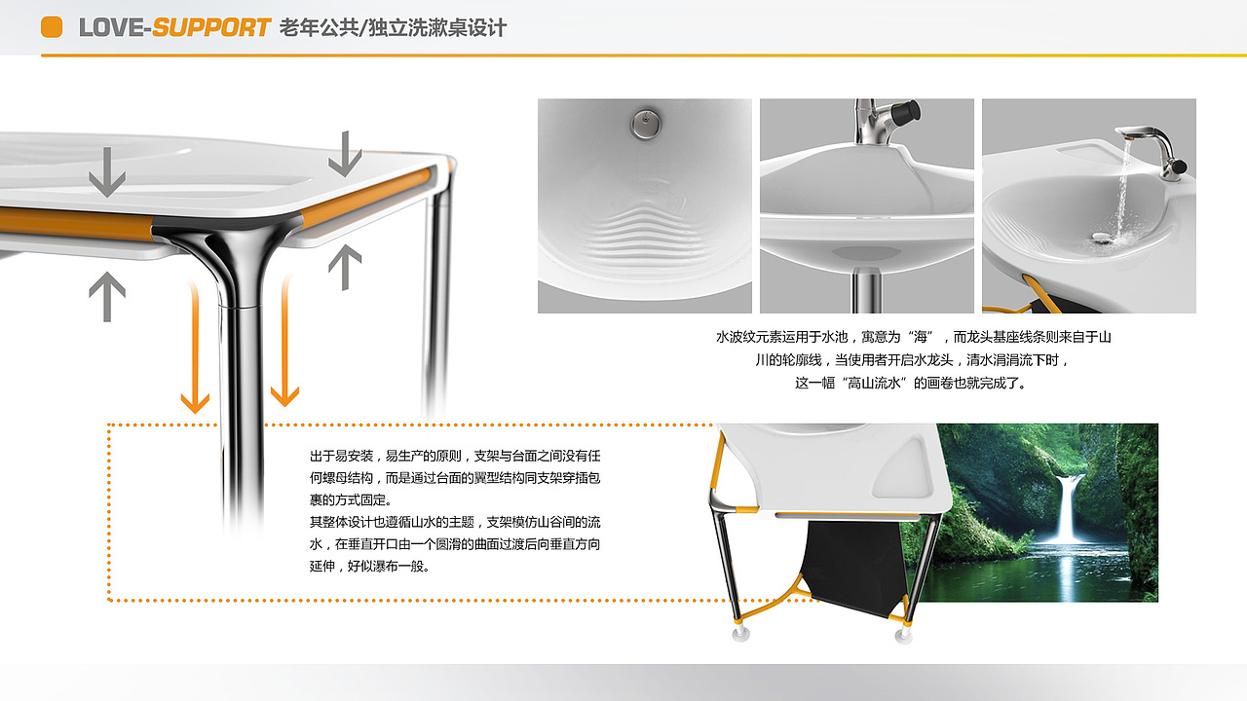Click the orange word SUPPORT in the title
(x=210, y=27)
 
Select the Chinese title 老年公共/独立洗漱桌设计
(x=393, y=27)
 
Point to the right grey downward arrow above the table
(x=345, y=153)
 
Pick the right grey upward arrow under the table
(x=345, y=267)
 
